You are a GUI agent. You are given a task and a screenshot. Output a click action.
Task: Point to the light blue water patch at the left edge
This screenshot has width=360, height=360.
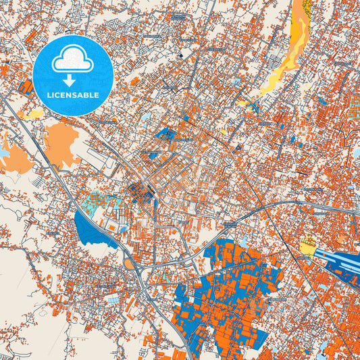coord(4,153)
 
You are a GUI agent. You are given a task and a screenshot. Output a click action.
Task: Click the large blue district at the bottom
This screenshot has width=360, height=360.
coord(230,284)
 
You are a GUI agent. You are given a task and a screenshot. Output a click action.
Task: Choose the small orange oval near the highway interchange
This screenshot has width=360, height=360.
coord(130,263)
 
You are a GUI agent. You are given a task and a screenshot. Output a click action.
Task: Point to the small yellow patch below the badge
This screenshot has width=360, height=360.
coord(30,115)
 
